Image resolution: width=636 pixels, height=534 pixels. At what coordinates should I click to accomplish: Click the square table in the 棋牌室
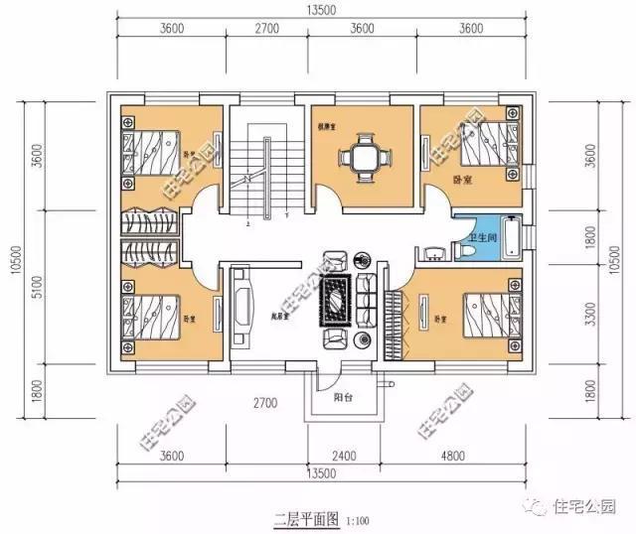click(360, 155)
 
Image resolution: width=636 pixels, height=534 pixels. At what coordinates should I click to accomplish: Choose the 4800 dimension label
click(467, 457)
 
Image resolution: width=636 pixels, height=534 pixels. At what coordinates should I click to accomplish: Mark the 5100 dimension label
click(38, 293)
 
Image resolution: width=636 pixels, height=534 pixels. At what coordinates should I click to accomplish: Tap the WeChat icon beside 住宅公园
click(537, 506)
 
